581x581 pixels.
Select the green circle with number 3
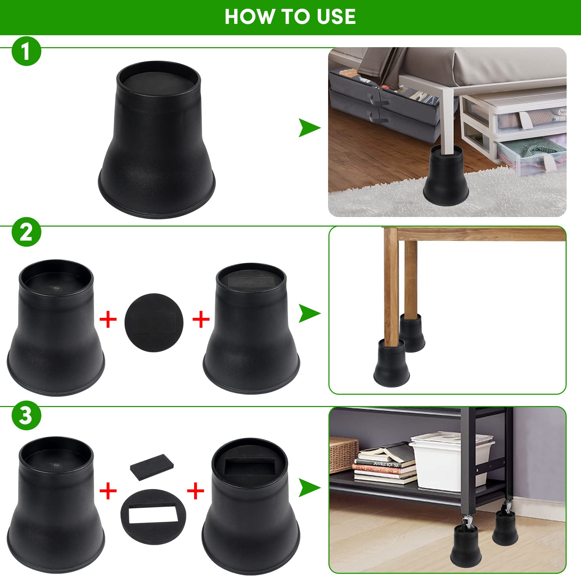click(x=26, y=416)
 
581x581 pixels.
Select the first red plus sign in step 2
click(x=108, y=320)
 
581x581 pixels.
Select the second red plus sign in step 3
click(x=195, y=491)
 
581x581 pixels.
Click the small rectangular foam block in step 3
click(x=152, y=467)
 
